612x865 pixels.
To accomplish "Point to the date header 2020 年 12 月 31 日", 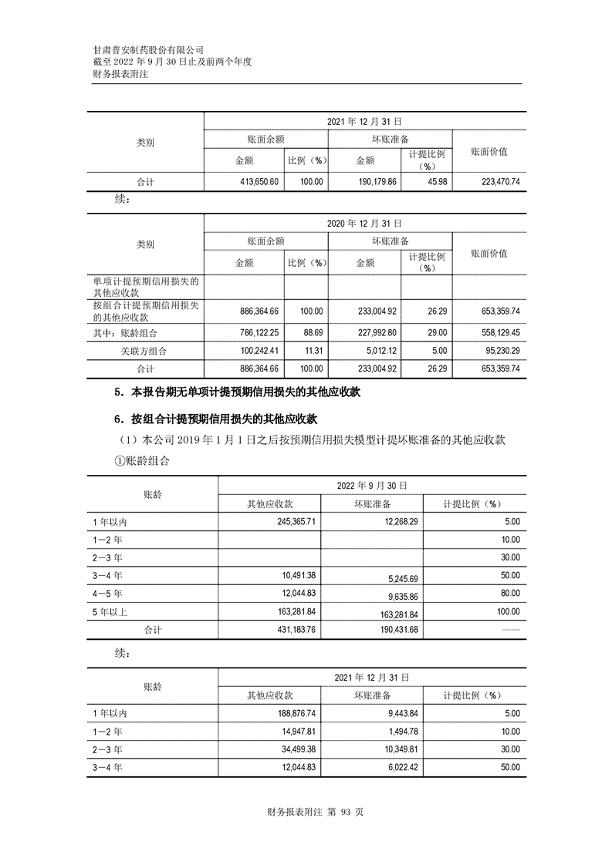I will click(364, 223).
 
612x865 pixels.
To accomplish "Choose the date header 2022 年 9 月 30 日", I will click(372, 486).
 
